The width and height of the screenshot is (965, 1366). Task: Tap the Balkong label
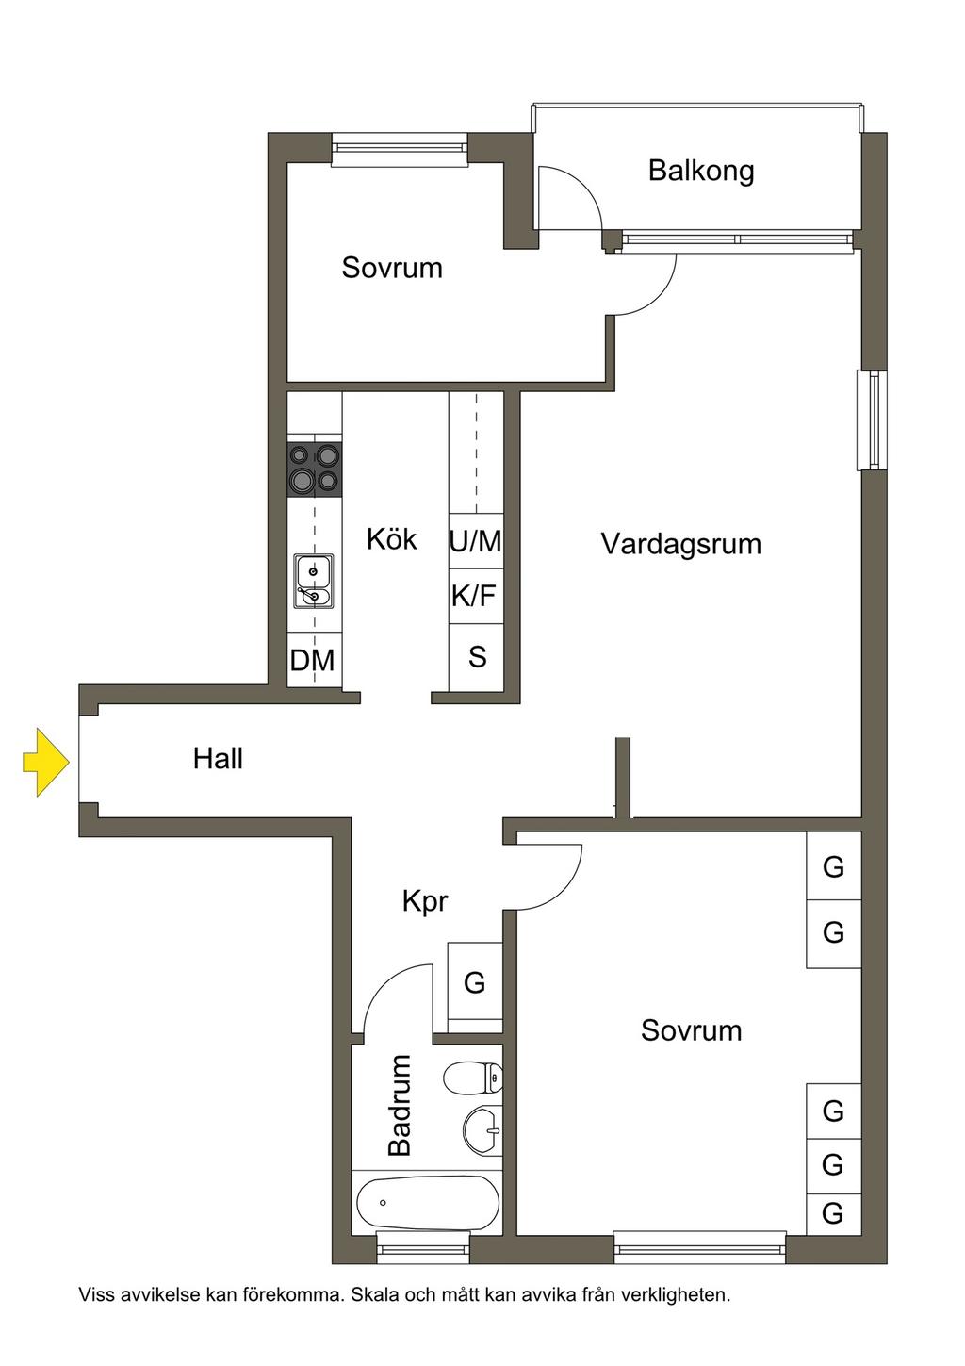tap(701, 172)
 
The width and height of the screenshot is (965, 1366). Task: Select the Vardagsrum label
tap(681, 544)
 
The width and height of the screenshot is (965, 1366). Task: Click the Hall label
tap(218, 759)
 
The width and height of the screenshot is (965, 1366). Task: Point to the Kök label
tap(391, 539)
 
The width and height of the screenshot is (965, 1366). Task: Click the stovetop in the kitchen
tap(315, 469)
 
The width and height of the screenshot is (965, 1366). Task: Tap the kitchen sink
tap(314, 581)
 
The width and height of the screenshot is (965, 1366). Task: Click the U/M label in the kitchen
tap(476, 541)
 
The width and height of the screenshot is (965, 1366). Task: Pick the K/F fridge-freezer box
tap(476, 597)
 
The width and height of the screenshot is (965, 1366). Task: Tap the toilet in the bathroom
tap(473, 1078)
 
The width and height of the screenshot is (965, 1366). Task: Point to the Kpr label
tap(425, 901)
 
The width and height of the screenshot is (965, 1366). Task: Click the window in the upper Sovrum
tap(400, 150)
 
